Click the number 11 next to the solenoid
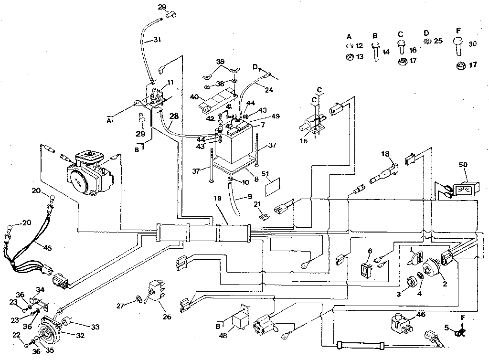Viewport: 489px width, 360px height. point(170,83)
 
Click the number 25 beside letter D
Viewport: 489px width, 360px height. point(437,41)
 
